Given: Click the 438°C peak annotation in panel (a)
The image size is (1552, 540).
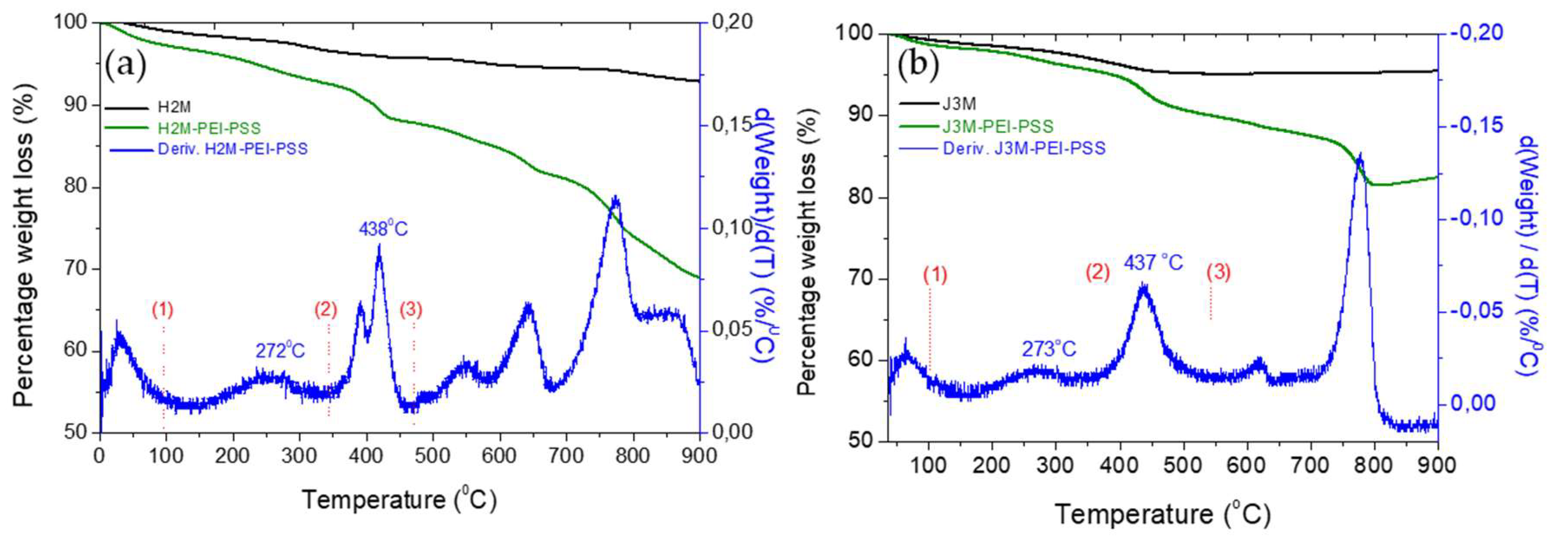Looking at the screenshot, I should [383, 229].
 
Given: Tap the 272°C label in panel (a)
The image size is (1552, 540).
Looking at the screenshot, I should [280, 351].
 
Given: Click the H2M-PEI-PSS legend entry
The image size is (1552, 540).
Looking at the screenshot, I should [209, 128].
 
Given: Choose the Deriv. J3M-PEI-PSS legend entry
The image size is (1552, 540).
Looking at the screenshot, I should [1024, 148].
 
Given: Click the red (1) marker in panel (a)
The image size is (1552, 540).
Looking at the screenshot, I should [163, 310].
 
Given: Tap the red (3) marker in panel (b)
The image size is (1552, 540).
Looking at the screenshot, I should [1218, 273].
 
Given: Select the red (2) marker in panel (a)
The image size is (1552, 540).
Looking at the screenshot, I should [326, 310].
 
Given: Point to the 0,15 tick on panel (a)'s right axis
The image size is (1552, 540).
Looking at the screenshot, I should [732, 125].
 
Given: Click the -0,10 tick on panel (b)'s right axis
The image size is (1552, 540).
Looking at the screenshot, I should [1476, 218].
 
